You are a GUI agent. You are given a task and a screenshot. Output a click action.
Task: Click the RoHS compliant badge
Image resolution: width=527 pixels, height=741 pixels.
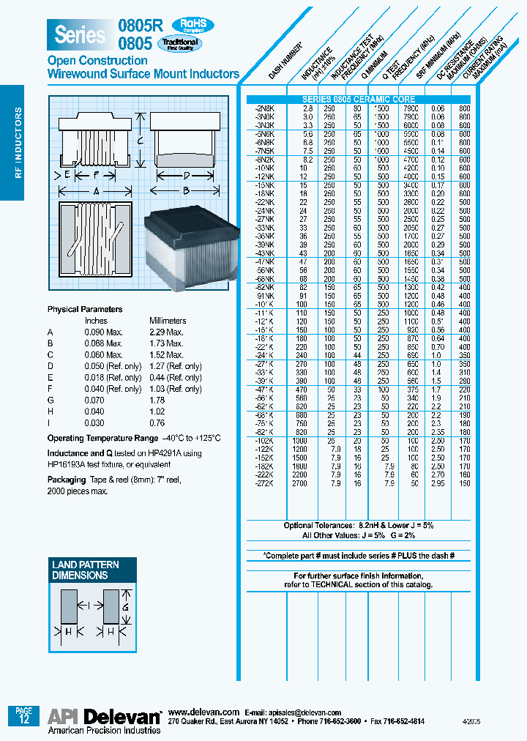click(x=193, y=26)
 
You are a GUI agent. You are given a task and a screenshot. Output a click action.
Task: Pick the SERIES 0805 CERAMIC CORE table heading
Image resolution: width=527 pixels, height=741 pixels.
click(x=359, y=100)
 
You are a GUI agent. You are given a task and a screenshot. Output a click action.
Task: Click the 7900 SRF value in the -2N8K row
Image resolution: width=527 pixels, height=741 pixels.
click(x=411, y=107)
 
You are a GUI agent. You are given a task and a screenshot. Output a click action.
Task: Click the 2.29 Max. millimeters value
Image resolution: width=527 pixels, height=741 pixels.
click(x=166, y=332)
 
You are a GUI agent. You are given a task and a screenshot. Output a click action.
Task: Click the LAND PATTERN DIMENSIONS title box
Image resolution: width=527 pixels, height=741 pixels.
click(x=85, y=570)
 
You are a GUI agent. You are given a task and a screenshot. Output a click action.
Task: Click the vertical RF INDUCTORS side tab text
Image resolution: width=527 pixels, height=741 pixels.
click(x=18, y=143)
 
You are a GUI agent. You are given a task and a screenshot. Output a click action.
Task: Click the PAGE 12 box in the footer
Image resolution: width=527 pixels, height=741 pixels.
click(x=23, y=715)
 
